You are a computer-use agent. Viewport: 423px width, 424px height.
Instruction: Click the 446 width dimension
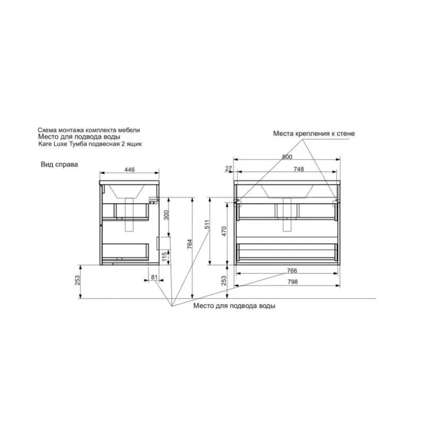click(129, 170)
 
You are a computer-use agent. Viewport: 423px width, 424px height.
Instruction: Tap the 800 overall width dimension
click(287, 157)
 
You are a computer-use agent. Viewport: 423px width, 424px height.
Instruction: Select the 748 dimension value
click(298, 169)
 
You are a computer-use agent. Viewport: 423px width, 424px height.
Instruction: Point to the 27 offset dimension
click(228, 168)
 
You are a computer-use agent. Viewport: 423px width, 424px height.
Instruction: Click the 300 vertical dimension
click(166, 215)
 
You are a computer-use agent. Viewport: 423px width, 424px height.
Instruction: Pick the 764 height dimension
click(190, 244)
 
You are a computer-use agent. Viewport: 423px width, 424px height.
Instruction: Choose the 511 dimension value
click(207, 224)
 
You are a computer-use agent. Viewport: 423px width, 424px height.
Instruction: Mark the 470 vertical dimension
click(224, 232)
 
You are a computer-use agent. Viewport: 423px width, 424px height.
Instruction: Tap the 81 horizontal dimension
click(154, 277)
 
